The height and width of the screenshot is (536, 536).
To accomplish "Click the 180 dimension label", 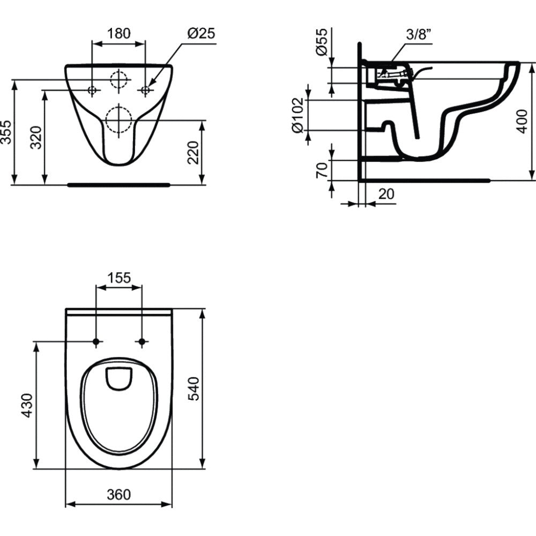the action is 119,33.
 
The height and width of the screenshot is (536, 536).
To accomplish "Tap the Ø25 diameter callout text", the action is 202,33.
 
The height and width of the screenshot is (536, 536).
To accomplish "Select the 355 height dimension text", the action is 7,132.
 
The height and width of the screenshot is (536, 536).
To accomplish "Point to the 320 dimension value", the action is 36,137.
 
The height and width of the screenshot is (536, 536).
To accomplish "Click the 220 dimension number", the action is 193,152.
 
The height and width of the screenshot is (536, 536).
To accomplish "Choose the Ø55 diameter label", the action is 322,42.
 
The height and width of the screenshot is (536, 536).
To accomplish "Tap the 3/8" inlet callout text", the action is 419,34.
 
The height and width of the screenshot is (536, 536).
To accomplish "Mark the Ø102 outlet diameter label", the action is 297,115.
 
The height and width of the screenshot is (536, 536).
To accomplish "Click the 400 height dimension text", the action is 522,121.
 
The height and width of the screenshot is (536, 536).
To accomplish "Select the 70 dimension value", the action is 322,170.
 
